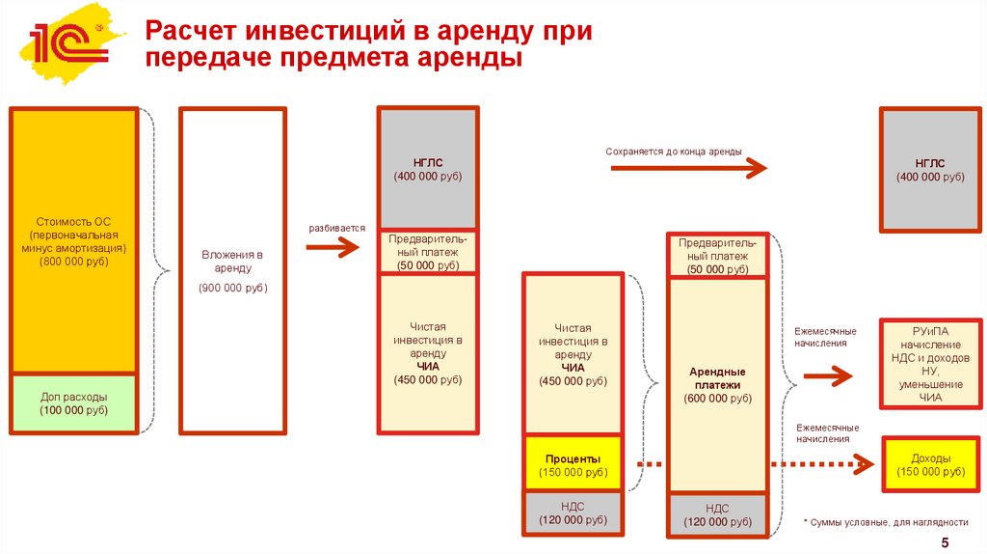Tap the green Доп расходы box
[74, 403]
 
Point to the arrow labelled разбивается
[332, 247]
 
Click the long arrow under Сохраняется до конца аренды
[688, 168]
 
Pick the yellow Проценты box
[574, 464]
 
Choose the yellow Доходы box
[930, 464]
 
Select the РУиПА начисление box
[930, 364]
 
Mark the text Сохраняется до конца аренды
[674, 152]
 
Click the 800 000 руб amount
[74, 261]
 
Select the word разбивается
[336, 229]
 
